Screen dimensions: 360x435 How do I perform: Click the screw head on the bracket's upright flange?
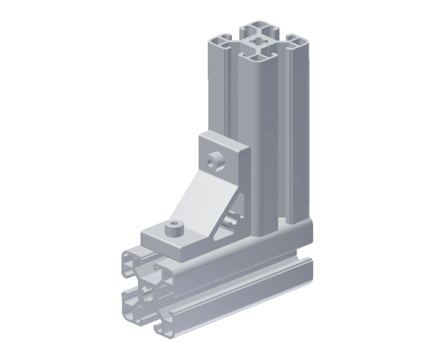(214, 162)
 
